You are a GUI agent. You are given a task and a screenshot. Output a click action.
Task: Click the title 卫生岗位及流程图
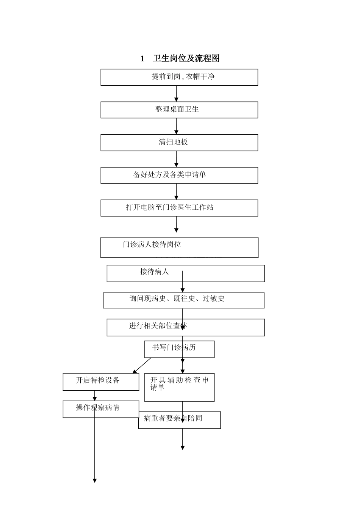click(x=186, y=58)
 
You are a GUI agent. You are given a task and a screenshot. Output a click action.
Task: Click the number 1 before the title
click(x=142, y=58)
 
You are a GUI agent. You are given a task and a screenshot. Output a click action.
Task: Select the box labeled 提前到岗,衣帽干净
click(x=179, y=77)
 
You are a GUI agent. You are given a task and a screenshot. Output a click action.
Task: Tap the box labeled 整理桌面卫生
click(x=179, y=110)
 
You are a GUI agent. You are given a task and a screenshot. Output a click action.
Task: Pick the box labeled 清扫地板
click(x=179, y=143)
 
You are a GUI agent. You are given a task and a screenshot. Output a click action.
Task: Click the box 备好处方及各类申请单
click(x=179, y=175)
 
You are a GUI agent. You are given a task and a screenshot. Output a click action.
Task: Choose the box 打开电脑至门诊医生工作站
click(x=179, y=208)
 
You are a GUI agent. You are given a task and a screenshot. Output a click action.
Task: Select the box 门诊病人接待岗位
click(x=179, y=247)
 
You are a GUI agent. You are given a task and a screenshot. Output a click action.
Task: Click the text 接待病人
click(x=154, y=272)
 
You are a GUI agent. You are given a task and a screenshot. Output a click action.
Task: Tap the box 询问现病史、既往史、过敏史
click(x=184, y=300)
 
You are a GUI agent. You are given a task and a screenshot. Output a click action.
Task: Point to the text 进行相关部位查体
click(x=158, y=326)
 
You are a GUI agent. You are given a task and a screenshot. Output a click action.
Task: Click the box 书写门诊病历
click(x=179, y=349)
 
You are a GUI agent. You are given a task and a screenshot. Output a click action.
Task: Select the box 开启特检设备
click(x=101, y=382)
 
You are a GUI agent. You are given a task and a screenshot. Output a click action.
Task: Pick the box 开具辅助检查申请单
click(x=179, y=387)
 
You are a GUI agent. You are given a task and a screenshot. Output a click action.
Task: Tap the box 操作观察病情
click(x=101, y=409)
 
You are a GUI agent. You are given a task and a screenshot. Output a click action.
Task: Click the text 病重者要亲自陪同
click(x=173, y=418)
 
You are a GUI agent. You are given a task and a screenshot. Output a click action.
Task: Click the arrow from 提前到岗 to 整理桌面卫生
click(x=176, y=94)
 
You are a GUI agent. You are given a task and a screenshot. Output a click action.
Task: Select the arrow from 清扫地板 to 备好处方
click(x=176, y=159)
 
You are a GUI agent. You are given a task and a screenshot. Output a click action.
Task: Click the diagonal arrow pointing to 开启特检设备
click(x=142, y=366)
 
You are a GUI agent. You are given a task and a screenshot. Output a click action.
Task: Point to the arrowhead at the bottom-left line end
click(x=95, y=481)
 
